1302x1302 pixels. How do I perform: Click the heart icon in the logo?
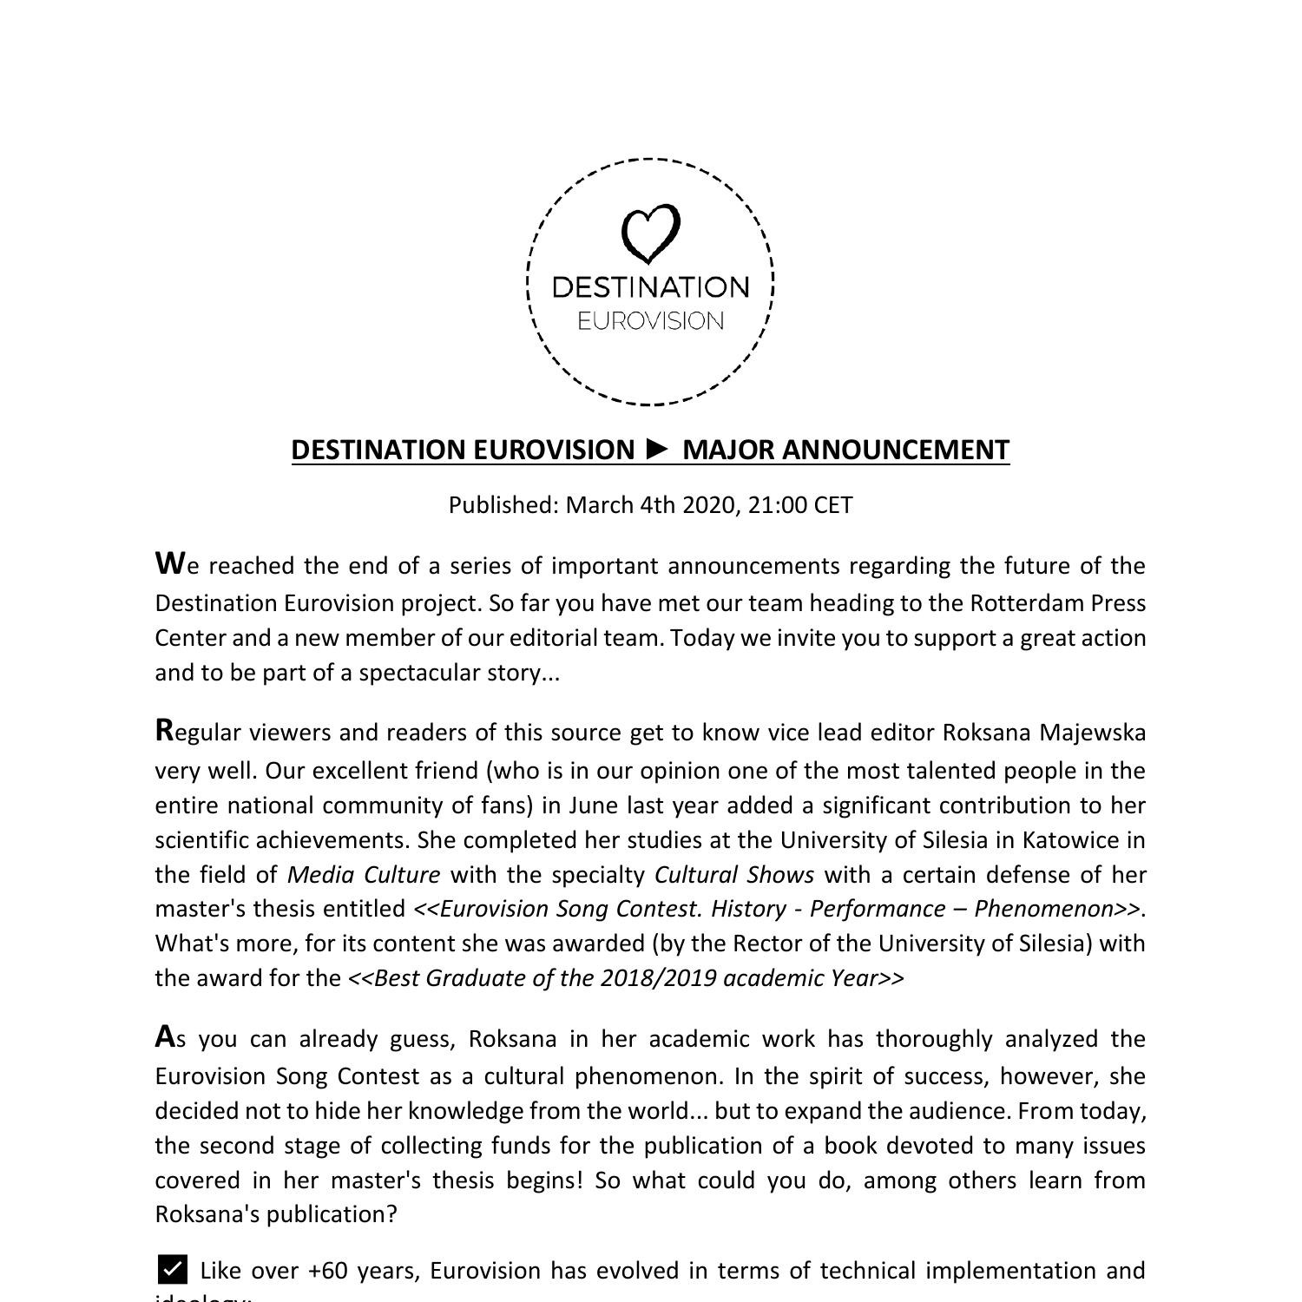[x=650, y=233]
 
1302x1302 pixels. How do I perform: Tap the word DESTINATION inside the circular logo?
[x=650, y=287]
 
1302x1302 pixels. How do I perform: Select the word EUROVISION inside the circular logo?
[x=650, y=321]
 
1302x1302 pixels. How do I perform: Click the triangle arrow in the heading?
[x=659, y=449]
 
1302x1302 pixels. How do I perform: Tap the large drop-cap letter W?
[x=169, y=563]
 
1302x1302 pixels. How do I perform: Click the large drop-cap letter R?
[x=165, y=730]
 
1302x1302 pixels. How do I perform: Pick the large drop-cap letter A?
[x=165, y=1036]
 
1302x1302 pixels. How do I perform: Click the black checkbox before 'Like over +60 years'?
[x=173, y=1269]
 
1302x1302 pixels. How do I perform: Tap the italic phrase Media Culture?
[x=363, y=875]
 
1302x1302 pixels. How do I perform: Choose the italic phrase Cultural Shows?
[x=733, y=875]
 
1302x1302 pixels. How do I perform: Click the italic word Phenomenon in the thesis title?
[x=1043, y=909]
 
